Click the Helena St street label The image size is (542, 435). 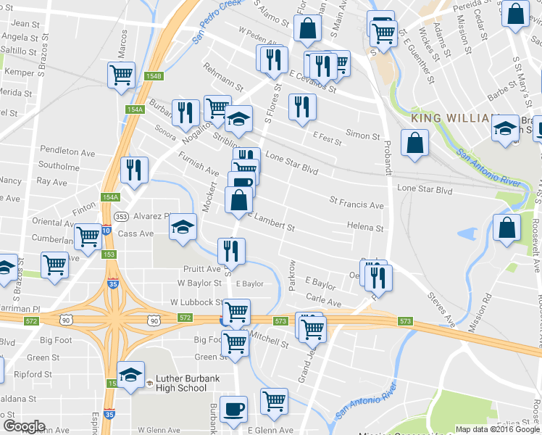tap(364, 228)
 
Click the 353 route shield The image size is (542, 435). tap(121, 216)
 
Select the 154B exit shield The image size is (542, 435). tap(153, 76)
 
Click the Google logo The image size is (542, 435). tap(24, 426)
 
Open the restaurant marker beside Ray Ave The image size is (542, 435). tap(134, 170)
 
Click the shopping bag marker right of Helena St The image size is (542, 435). tap(506, 228)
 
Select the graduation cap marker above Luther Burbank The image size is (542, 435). tap(130, 375)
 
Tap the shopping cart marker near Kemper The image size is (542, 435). tap(121, 74)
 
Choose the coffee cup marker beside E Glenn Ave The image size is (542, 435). tap(233, 409)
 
